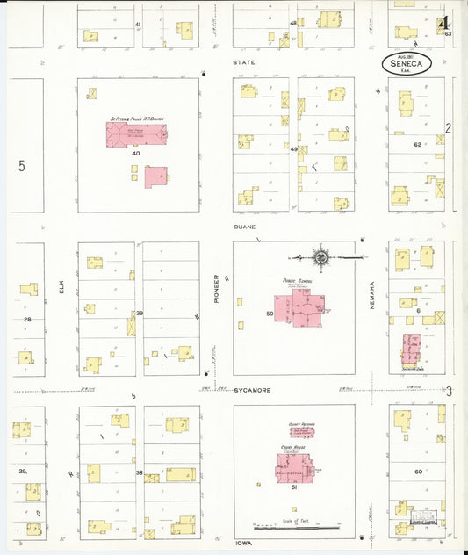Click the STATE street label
click(241, 63)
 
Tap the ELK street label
click(62, 298)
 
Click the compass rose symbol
click(321, 257)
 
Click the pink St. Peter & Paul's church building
click(137, 133)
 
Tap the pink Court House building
click(292, 465)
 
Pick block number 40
click(135, 154)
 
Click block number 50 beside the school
click(270, 313)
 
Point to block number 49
click(293, 149)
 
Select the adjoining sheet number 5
click(22, 165)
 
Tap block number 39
click(139, 314)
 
